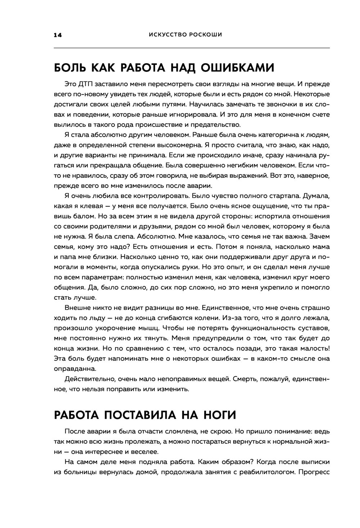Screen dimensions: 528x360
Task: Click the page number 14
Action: pos(58,35)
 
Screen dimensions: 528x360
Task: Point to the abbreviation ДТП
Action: pos(86,84)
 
